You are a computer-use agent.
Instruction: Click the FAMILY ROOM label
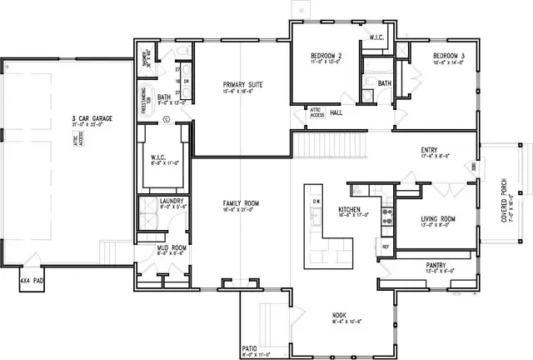(241, 203)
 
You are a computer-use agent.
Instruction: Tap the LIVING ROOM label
(436, 219)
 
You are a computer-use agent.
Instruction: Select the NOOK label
(339, 315)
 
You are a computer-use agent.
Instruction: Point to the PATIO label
(250, 347)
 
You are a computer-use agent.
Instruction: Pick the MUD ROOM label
(170, 248)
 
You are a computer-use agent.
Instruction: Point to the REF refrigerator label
(386, 247)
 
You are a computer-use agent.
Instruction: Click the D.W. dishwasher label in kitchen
(316, 202)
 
